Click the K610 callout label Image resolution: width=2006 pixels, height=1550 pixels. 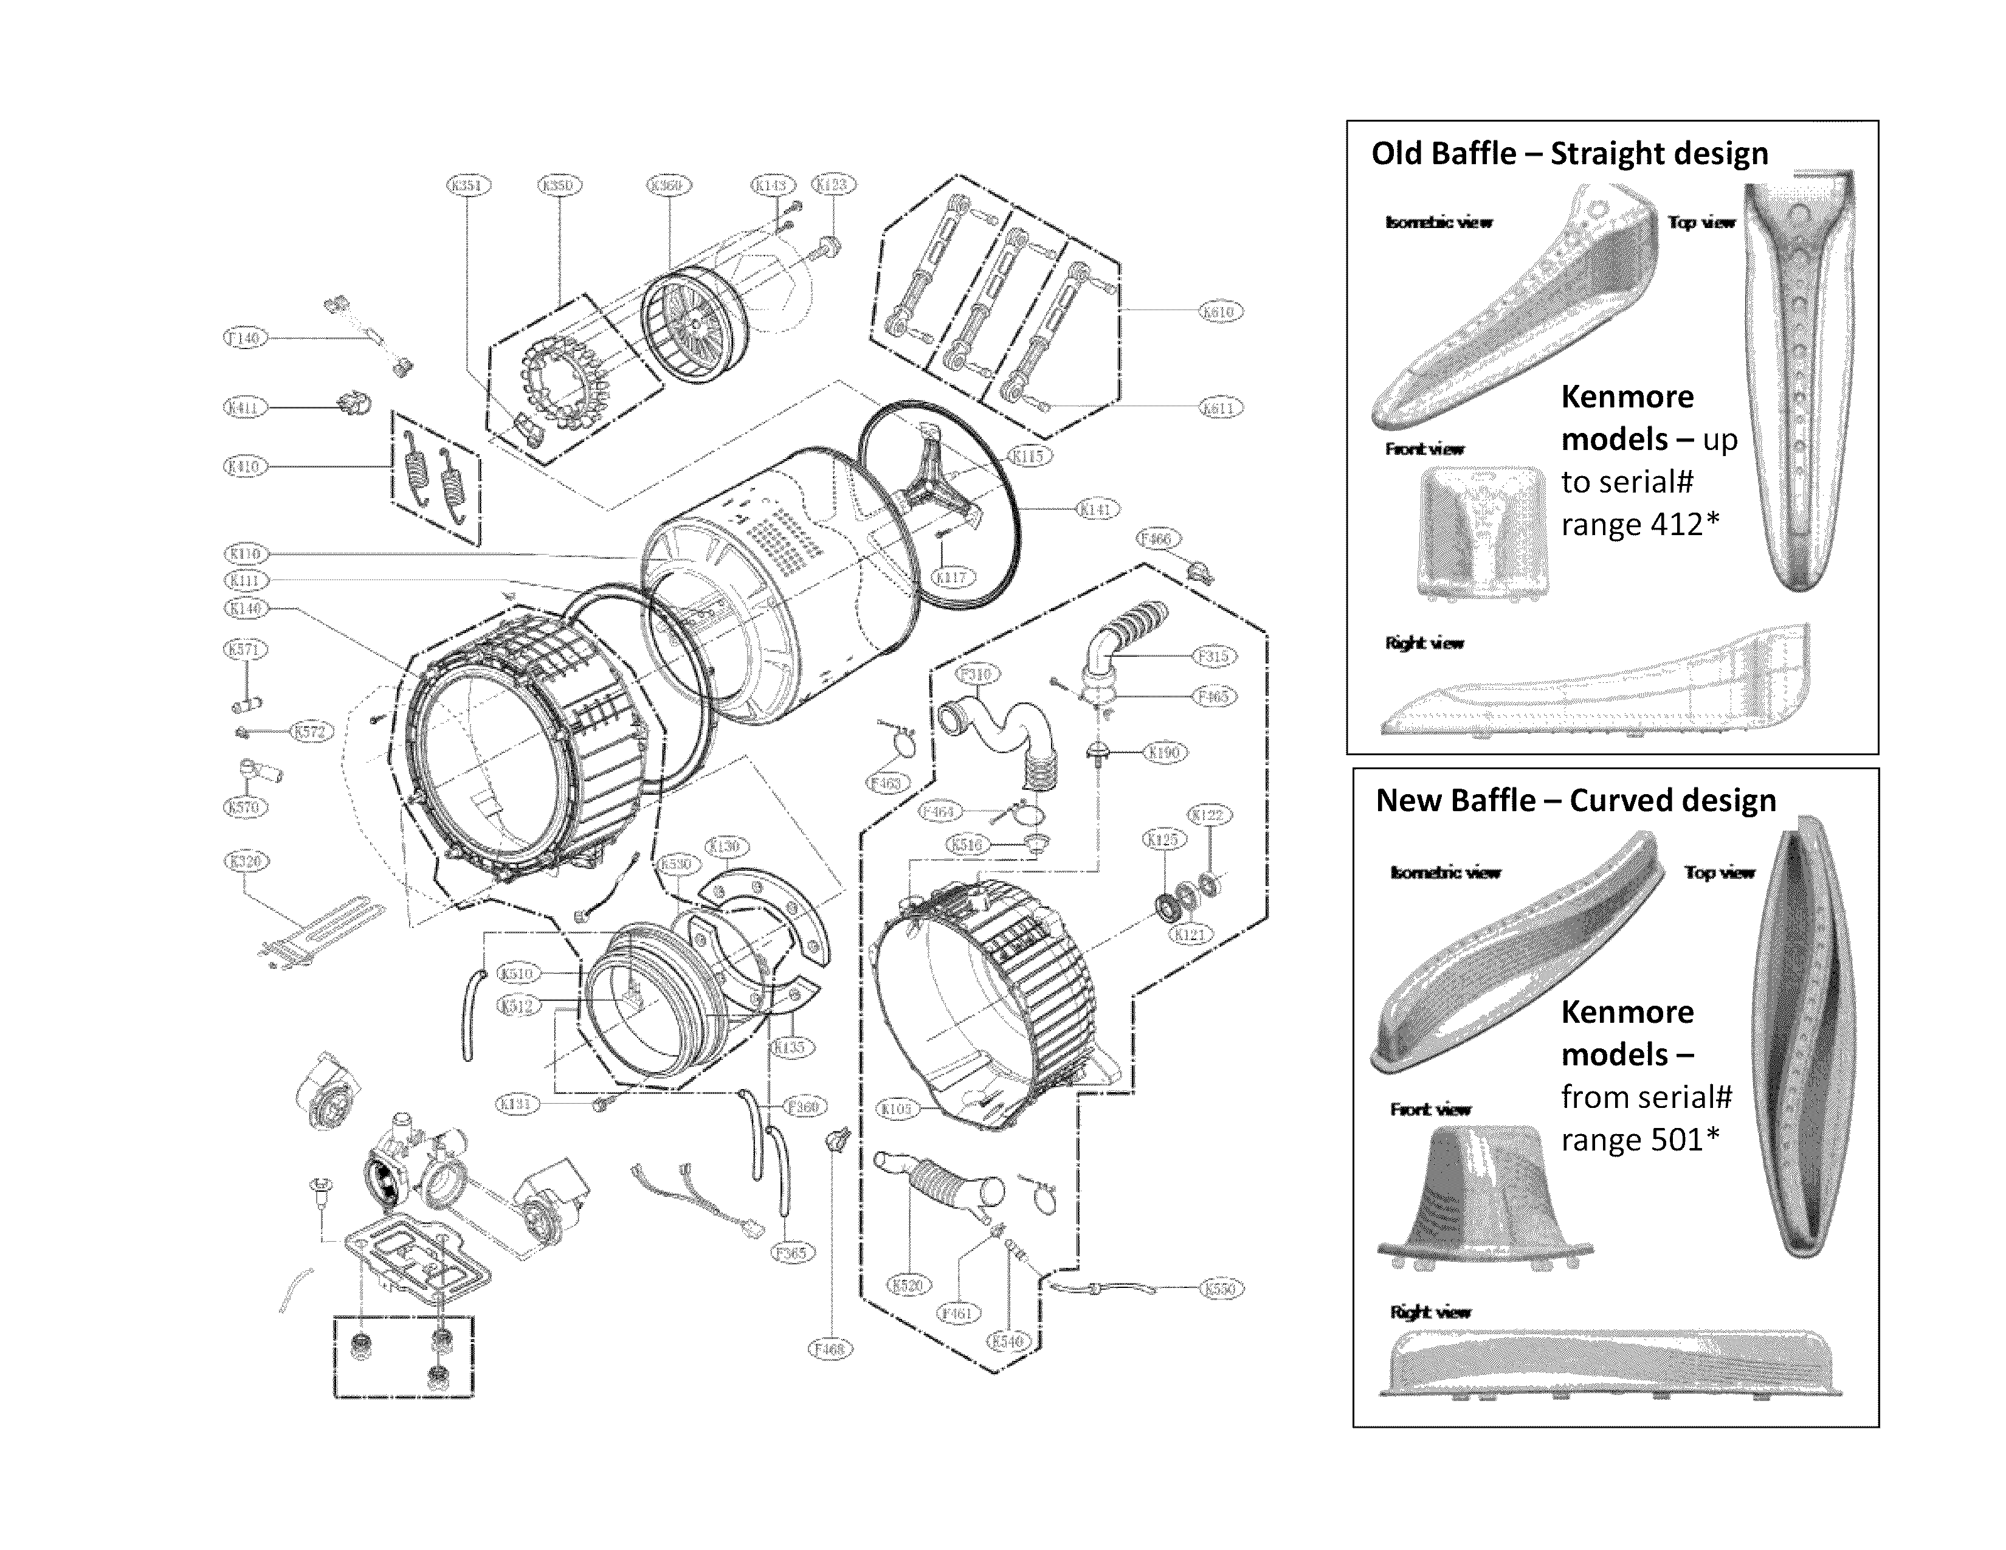1220,313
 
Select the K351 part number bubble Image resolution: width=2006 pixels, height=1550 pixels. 469,185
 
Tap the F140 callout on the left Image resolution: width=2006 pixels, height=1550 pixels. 244,338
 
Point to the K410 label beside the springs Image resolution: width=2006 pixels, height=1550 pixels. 244,467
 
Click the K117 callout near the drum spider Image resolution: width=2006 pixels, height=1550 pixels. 951,578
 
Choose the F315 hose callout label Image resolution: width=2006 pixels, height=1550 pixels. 1215,656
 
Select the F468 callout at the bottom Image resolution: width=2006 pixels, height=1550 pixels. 830,1349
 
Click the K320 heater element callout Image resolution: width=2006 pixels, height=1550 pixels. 244,862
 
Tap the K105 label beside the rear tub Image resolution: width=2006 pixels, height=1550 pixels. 897,1110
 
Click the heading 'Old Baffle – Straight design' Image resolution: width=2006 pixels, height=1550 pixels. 1569,153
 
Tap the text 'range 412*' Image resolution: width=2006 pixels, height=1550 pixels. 1639,525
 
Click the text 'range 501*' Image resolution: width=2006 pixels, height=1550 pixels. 1639,1140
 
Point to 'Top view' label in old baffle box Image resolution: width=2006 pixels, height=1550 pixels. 1701,223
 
